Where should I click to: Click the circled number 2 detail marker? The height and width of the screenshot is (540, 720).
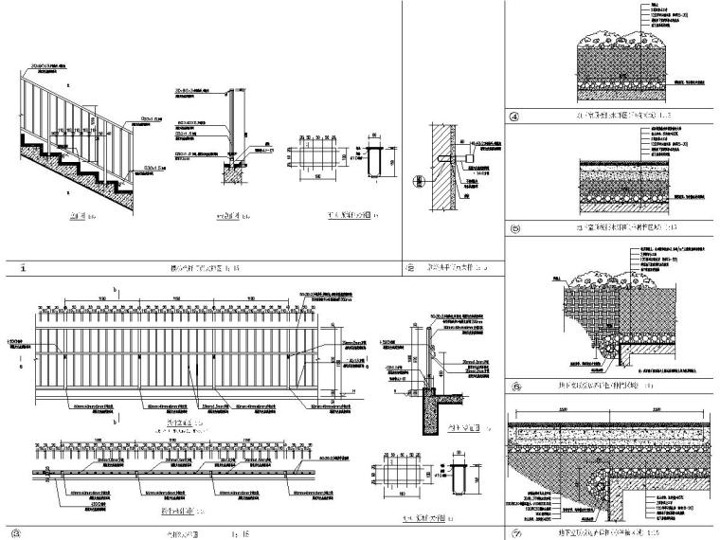pos(410,267)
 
